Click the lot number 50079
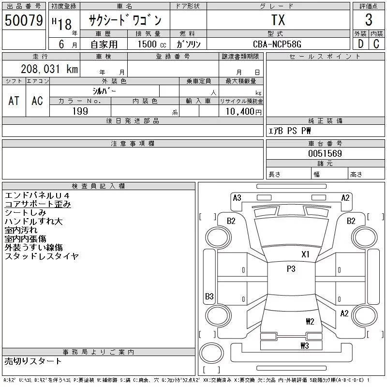24,20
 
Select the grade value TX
278,20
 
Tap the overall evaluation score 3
369,20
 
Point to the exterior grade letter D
360,44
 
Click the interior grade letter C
376,44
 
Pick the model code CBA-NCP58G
277,44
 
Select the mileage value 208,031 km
49,69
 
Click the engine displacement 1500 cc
152,44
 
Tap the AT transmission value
14,101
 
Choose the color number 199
80,111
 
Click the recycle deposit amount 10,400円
244,112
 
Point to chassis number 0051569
325,153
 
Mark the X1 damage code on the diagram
306,254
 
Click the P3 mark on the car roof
291,269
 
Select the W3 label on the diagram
305,345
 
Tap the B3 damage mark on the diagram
209,296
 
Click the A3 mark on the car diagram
237,198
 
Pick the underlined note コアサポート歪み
38,204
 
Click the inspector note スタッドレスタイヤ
42,256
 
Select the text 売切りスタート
33,361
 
